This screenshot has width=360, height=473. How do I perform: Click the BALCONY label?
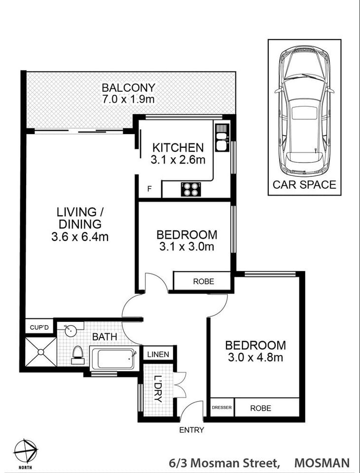(x=128, y=88)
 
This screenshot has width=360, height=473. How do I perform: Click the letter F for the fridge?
(x=150, y=190)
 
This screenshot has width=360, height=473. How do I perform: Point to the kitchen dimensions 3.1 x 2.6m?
(x=178, y=160)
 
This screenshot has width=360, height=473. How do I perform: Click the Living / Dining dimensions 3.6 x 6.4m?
(x=79, y=237)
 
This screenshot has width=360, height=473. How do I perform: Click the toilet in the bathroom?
(x=77, y=354)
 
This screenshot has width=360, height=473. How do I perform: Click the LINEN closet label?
(x=158, y=354)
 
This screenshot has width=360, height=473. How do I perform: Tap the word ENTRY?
(x=191, y=430)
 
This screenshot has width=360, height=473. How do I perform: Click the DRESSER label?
(x=221, y=408)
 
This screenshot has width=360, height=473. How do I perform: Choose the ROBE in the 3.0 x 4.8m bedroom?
(x=260, y=408)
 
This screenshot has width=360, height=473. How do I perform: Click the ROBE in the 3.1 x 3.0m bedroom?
(x=203, y=281)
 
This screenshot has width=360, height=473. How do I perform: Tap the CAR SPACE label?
(x=304, y=185)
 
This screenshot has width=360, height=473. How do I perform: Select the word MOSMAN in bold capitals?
(x=322, y=463)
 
